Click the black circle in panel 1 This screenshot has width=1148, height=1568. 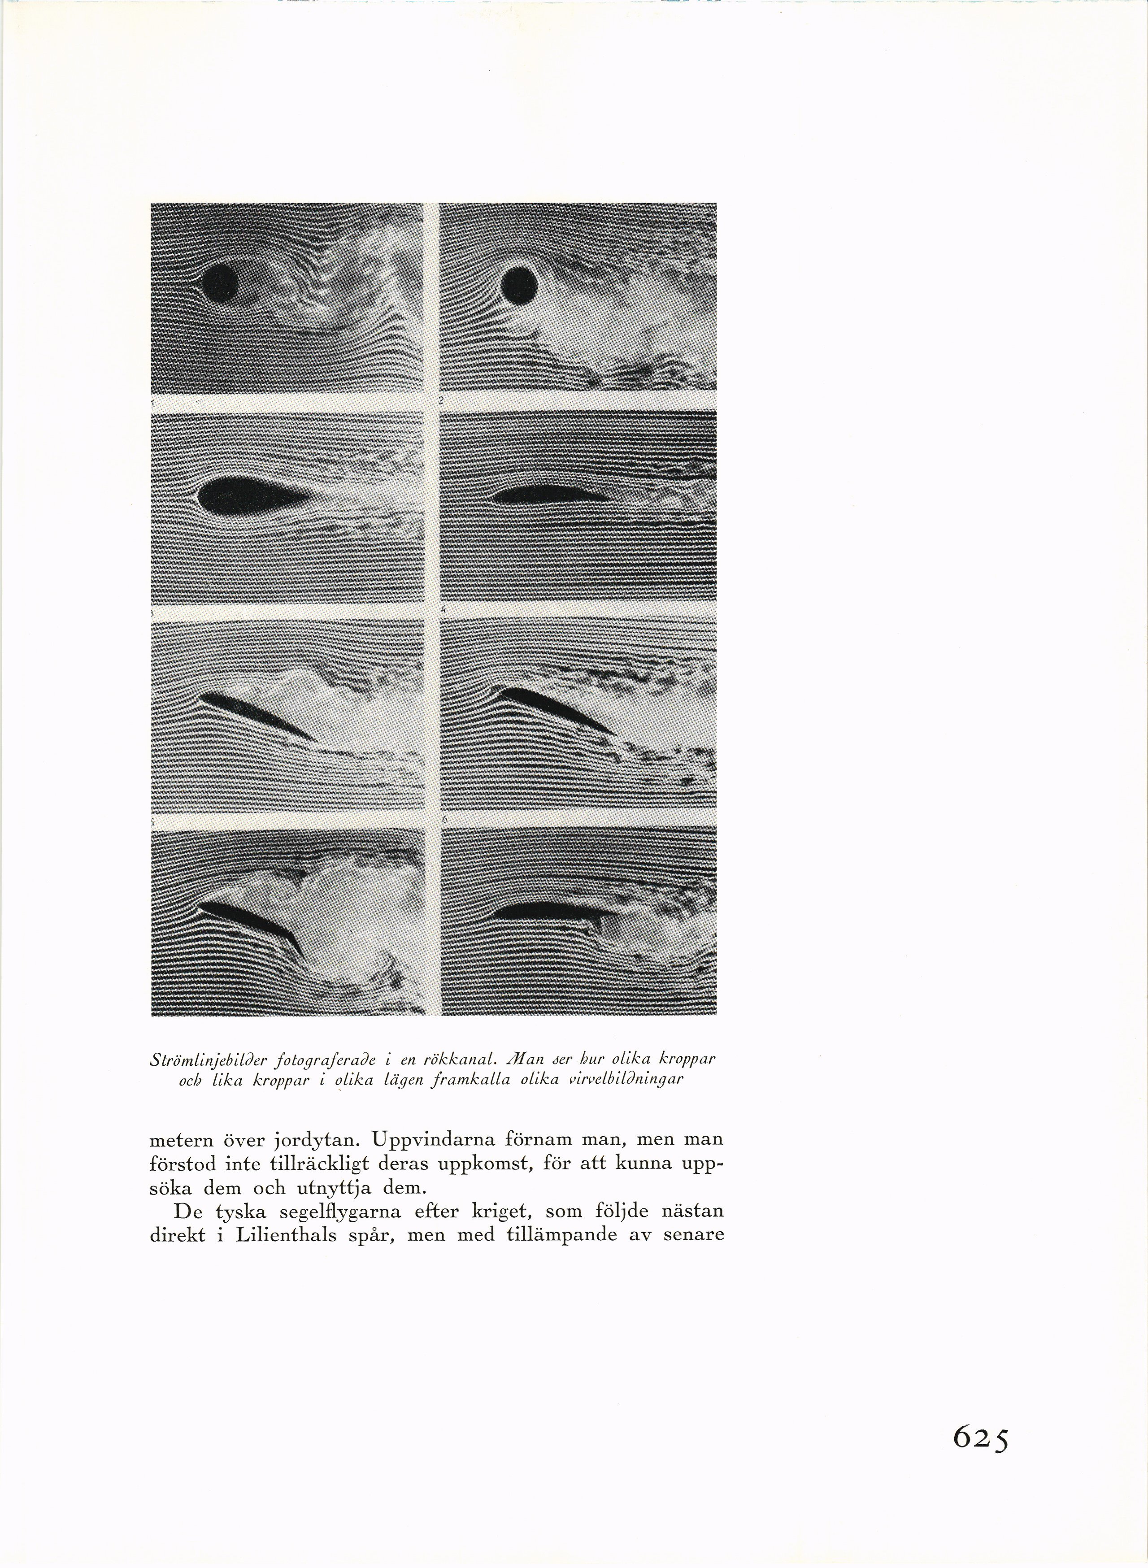tap(221, 282)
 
